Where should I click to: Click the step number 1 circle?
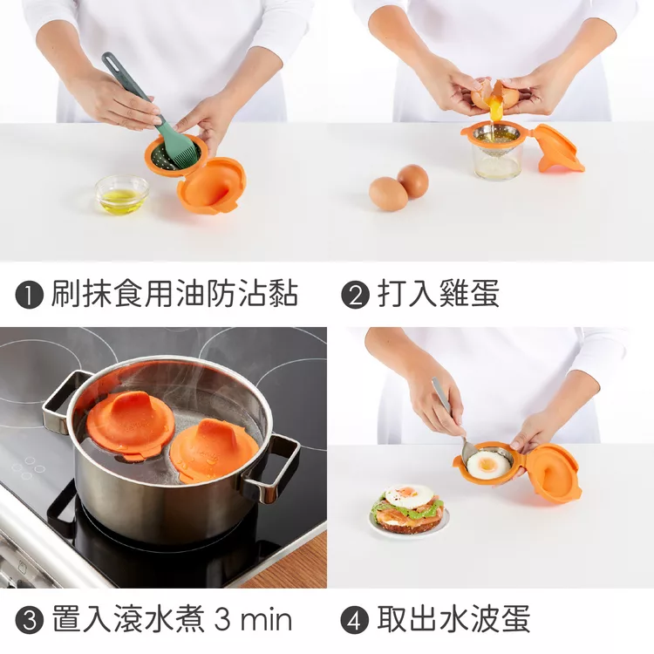[x=30, y=295]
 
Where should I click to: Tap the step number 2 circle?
[x=356, y=295]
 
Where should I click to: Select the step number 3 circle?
[x=30, y=620]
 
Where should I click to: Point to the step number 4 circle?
[x=355, y=620]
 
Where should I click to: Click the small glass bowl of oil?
[x=122, y=194]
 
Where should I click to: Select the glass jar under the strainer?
[x=497, y=160]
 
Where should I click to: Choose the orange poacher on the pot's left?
[x=130, y=423]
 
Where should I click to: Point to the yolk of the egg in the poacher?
[x=487, y=463]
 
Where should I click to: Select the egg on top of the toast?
[x=409, y=495]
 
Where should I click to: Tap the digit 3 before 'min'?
[x=222, y=619]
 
